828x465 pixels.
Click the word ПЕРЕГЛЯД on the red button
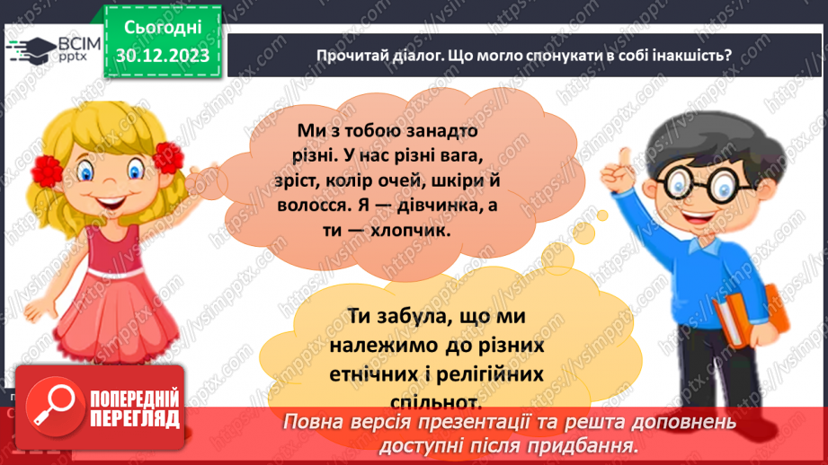[135, 417]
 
